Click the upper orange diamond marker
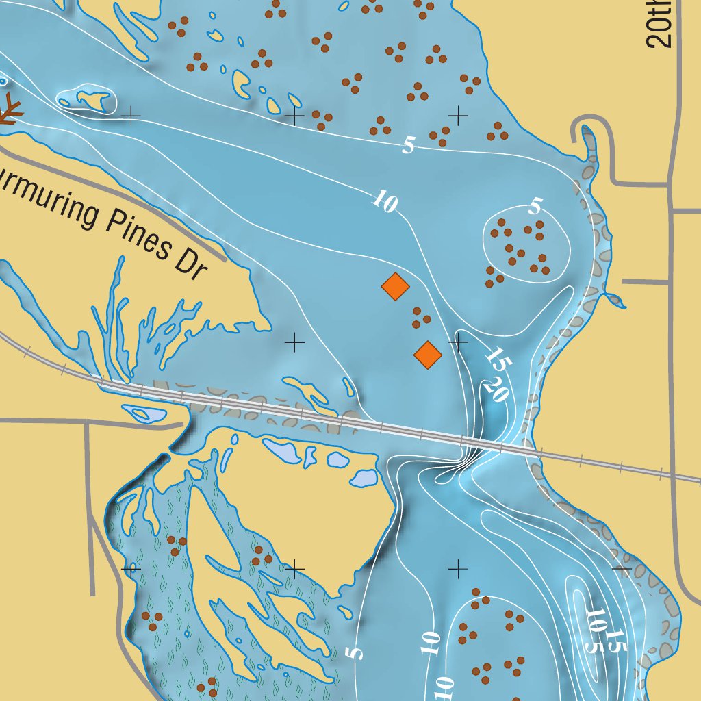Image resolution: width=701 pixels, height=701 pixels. [395, 286]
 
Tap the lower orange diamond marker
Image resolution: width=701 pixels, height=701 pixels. [428, 355]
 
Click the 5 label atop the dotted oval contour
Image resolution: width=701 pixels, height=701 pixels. [535, 205]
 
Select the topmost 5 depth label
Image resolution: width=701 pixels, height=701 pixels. [409, 145]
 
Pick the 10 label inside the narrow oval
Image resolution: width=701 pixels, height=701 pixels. [596, 620]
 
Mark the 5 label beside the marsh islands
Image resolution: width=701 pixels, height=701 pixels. [355, 652]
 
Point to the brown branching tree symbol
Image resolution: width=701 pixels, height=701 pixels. [8, 110]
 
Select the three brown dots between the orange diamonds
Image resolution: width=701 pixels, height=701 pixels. [420, 318]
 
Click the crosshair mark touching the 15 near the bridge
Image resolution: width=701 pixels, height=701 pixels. [458, 340]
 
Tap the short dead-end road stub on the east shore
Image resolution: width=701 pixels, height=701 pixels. [643, 281]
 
